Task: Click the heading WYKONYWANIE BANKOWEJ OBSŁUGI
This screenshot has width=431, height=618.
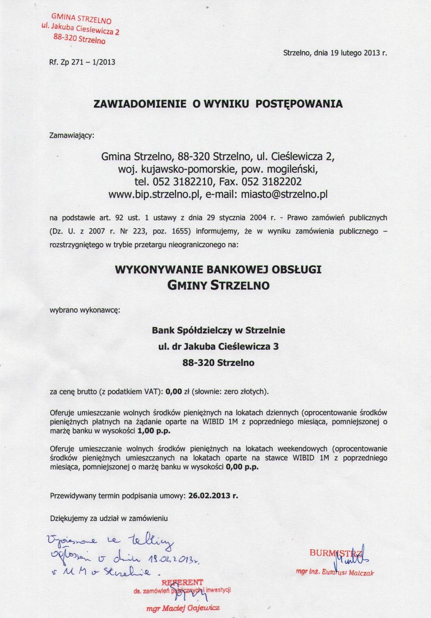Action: [x=218, y=270]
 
